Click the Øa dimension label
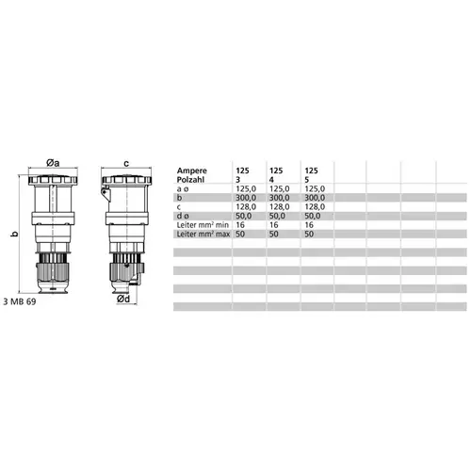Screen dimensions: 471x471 (x=53, y=163)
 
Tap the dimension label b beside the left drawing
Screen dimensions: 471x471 (x=14, y=234)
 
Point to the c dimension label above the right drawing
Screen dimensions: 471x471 (x=126, y=164)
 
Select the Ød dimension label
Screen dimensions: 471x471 (x=123, y=299)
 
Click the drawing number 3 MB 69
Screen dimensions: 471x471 (x=20, y=301)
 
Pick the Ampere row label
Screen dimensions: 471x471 (x=192, y=171)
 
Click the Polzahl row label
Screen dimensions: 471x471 (x=190, y=180)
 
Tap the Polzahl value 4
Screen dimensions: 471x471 (x=271, y=180)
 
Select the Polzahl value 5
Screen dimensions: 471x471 (x=307, y=180)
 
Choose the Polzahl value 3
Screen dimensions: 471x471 (x=238, y=180)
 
